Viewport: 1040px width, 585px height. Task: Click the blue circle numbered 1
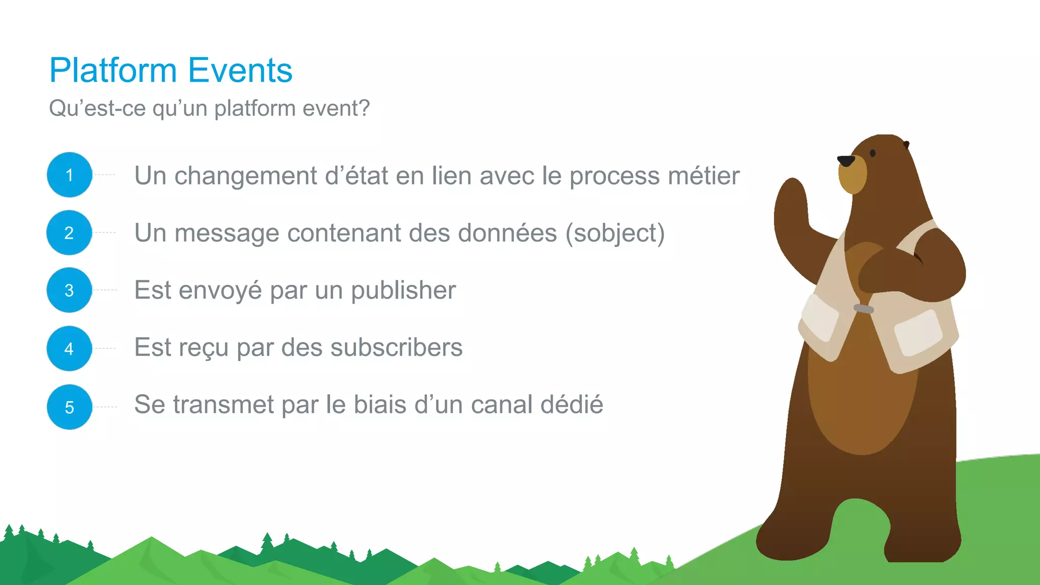click(x=70, y=175)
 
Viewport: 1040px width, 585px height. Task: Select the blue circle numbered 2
click(x=69, y=233)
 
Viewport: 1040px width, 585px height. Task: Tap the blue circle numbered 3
click(x=69, y=290)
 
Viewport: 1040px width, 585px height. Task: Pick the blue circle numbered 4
click(x=69, y=348)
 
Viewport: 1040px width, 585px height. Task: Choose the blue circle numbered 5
click(x=69, y=407)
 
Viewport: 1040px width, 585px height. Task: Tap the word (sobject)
click(x=615, y=234)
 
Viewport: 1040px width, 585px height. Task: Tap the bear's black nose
click(x=846, y=161)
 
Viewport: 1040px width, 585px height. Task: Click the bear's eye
click(x=872, y=153)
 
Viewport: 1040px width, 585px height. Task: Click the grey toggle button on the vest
click(x=863, y=309)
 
